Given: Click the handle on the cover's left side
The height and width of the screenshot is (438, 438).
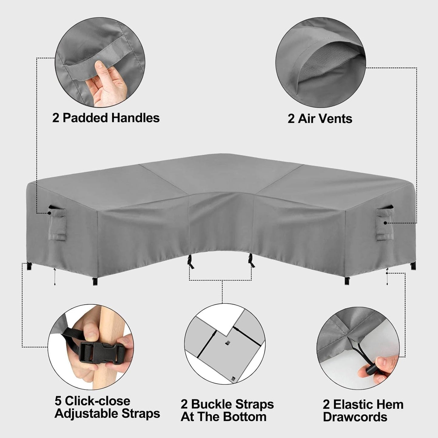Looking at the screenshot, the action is click(57, 222).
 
